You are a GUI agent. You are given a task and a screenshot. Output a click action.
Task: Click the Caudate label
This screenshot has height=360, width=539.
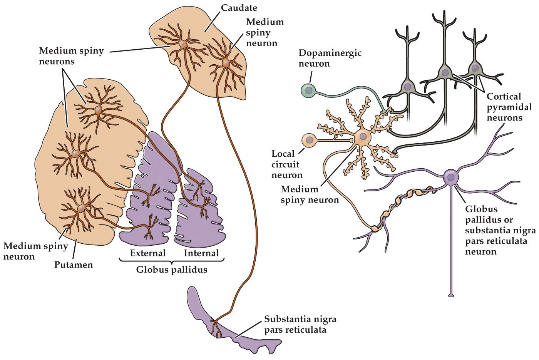click(239, 7)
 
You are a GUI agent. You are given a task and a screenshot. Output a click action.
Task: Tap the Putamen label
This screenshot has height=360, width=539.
click(73, 265)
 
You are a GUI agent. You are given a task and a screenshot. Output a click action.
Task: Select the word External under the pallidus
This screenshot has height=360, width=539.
click(148, 253)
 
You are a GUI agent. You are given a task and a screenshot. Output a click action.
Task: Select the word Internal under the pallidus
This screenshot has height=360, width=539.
click(201, 253)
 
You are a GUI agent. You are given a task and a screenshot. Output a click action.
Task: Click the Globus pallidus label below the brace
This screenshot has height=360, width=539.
click(172, 270)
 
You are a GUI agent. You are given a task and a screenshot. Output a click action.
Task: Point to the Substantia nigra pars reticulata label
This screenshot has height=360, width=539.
click(300, 325)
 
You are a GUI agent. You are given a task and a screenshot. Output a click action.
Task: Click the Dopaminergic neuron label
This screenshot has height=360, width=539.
click(330, 58)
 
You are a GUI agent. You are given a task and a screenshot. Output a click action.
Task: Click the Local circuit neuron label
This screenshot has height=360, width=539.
click(287, 164)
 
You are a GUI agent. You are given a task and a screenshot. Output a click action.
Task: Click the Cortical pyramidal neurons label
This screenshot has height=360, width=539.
click(504, 107)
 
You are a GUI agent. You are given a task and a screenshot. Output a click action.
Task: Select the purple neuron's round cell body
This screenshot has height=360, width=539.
click(451, 177)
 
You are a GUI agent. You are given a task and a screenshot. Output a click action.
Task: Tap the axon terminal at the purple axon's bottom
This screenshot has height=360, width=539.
click(451, 295)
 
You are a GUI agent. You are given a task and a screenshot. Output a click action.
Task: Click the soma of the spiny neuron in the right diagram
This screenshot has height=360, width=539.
click(363, 136)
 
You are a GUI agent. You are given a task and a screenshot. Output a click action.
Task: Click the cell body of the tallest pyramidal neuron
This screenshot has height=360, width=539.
click(445, 72)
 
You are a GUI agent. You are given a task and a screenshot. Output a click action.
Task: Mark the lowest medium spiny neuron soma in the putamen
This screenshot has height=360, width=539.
click(81, 208)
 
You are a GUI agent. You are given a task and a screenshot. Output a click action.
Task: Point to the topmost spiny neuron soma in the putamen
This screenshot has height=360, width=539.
click(98, 111)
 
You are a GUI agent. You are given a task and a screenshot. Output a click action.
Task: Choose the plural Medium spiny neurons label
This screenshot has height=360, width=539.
click(71, 56)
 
